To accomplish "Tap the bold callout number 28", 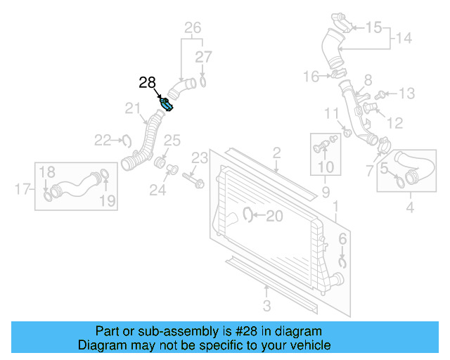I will (x=148, y=83).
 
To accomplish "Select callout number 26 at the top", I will (x=193, y=28).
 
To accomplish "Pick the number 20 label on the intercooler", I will (x=274, y=216).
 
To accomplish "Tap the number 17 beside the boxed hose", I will (x=22, y=188).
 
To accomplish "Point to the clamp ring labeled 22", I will (x=127, y=141).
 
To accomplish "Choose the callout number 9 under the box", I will (x=326, y=191).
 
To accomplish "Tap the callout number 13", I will (x=407, y=94).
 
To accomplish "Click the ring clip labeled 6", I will (x=342, y=262).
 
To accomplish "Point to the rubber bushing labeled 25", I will (x=160, y=165).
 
